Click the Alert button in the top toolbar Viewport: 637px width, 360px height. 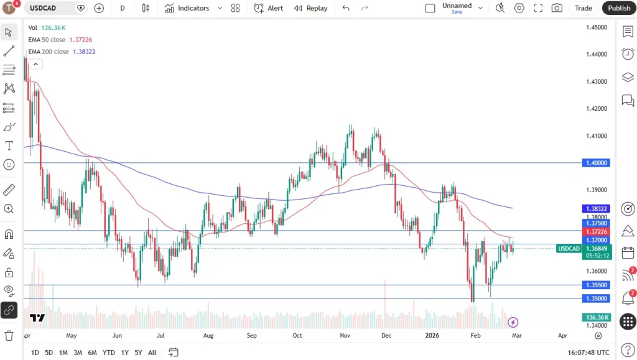point(269,8)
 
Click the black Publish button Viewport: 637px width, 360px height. point(618,8)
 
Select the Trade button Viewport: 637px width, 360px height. point(583,8)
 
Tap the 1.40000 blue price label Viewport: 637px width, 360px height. point(596,163)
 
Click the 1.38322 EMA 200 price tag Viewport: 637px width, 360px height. point(596,208)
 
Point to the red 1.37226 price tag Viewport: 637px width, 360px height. point(596,232)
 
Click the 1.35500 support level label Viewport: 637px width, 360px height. point(596,285)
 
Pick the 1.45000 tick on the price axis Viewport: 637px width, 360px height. point(596,27)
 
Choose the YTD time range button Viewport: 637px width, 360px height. point(108,353)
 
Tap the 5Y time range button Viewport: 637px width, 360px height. point(138,353)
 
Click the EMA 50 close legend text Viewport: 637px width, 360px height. point(49,40)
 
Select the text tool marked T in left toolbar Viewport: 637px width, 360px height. point(9,145)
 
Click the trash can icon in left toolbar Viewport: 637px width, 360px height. point(9,336)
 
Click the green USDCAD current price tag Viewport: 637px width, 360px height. point(569,249)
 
